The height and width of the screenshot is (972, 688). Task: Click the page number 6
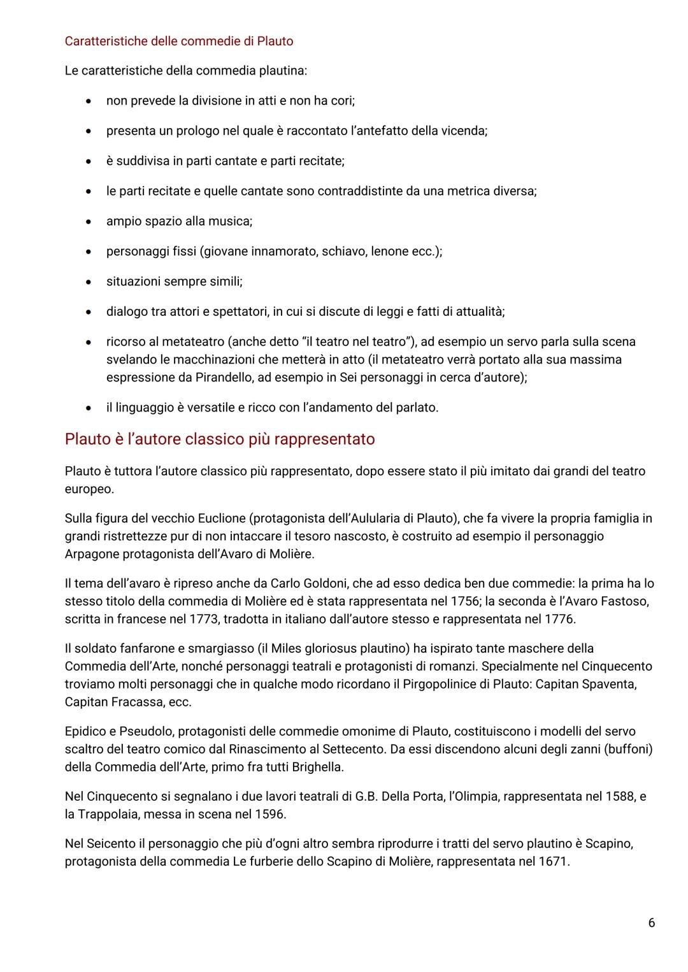651,922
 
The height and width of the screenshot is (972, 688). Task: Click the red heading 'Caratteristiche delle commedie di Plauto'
179,41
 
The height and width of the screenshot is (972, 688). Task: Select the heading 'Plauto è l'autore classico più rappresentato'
220,440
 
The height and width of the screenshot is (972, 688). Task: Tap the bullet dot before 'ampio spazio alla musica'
90,222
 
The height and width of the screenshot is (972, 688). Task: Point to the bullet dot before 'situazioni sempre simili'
90,282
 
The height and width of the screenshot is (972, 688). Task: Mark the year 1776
560,619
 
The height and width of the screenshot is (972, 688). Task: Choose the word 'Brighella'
315,767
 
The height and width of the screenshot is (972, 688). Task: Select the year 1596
270,814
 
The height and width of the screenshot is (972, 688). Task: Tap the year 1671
553,862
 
